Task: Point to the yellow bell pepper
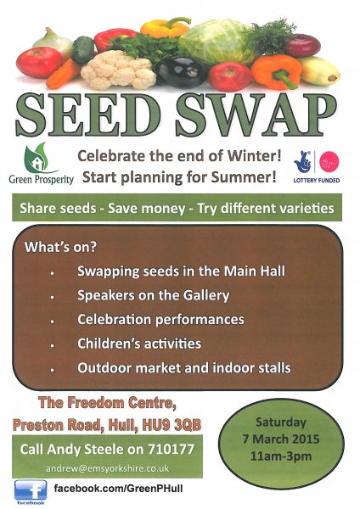(165, 29)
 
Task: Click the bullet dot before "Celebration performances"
(52, 321)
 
